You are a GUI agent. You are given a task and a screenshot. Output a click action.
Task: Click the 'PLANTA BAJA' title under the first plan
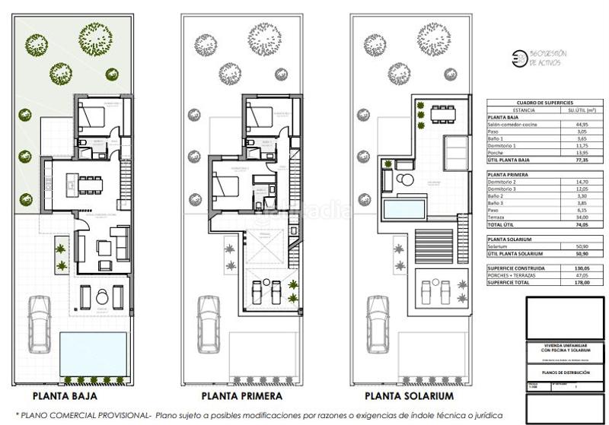[64, 396]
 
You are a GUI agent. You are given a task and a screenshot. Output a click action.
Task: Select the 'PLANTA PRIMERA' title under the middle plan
[242, 396]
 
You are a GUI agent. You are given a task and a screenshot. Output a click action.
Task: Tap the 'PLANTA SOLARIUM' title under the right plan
[409, 396]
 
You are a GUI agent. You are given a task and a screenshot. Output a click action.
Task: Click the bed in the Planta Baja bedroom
[94, 117]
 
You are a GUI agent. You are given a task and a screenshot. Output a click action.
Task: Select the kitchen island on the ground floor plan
[76, 182]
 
